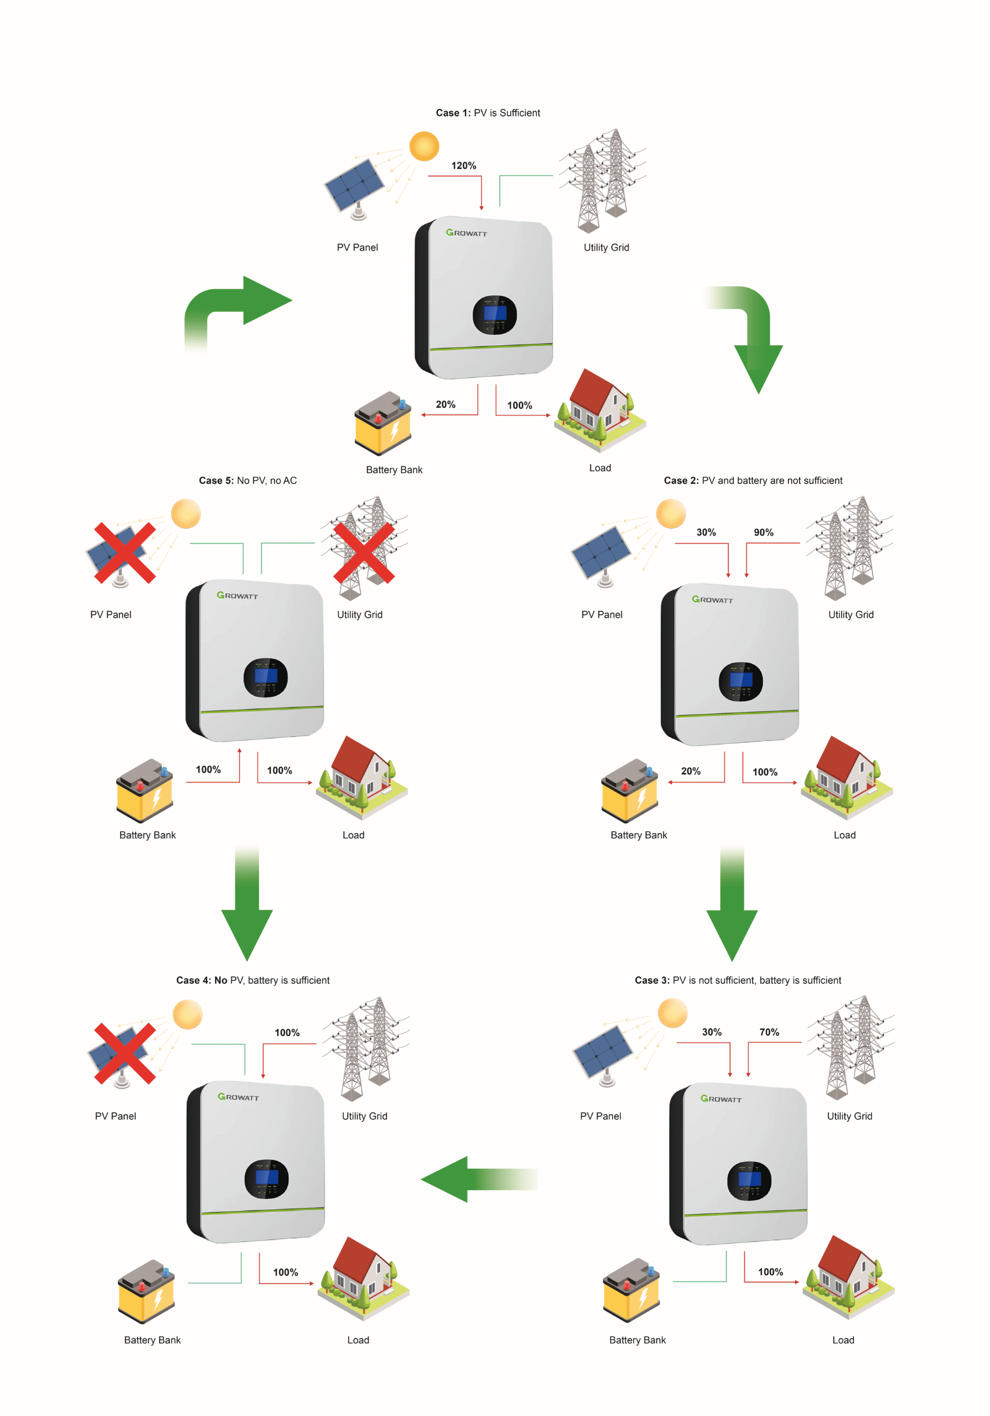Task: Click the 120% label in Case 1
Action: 463,165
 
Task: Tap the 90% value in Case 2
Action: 763,532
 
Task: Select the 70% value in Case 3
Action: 769,1032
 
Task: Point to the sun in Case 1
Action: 424,146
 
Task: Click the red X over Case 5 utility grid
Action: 364,553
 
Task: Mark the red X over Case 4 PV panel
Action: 124,1053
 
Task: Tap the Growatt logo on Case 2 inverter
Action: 712,600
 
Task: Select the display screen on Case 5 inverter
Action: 266,676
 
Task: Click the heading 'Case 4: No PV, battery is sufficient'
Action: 253,980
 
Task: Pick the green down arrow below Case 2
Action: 732,907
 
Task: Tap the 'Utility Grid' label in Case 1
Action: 606,247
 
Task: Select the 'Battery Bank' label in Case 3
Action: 637,1340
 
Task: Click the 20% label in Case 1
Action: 445,404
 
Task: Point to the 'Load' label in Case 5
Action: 354,835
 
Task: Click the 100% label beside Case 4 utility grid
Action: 287,1032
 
